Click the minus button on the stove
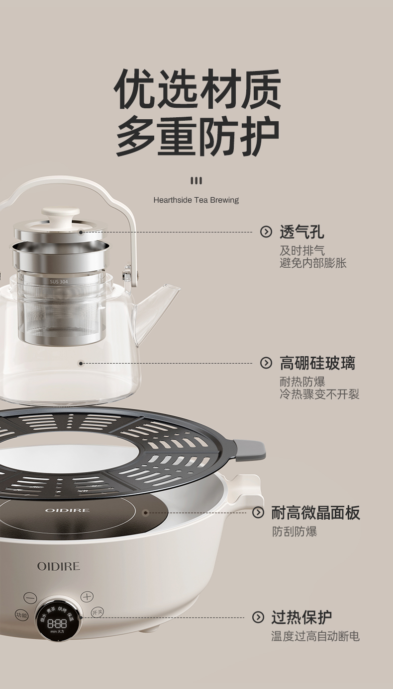[30, 598]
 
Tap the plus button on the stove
[87, 597]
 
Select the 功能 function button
[21, 615]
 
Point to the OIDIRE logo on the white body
[58, 566]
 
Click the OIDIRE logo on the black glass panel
[67, 510]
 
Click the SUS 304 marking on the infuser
[59, 281]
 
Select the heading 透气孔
[301, 231]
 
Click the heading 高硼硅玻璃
[317, 363]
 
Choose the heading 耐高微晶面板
[315, 513]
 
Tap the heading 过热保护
[301, 617]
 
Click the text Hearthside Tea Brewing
[196, 200]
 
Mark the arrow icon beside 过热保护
[258, 617]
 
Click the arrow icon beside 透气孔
[266, 231]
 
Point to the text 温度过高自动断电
[315, 636]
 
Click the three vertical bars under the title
[196, 180]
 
